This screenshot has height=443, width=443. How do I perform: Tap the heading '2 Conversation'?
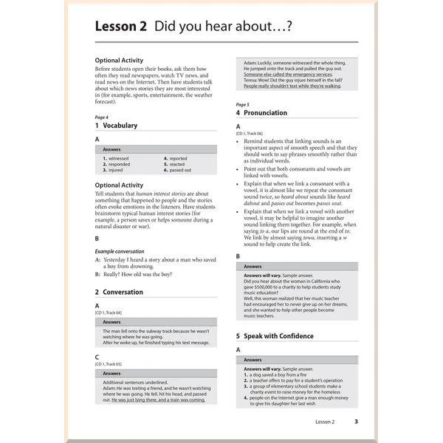click(x=119, y=292)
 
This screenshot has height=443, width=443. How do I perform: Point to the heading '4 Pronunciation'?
click(x=266, y=113)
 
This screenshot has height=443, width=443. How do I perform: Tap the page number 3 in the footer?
click(x=356, y=422)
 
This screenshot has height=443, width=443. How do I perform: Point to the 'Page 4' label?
click(x=102, y=117)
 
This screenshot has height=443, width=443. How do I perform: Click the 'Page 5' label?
click(x=242, y=104)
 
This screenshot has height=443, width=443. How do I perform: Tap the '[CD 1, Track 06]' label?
click(x=250, y=134)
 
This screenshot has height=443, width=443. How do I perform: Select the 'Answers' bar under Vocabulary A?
click(x=155, y=149)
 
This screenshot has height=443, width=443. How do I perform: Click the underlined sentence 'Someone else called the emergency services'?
click(x=288, y=75)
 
